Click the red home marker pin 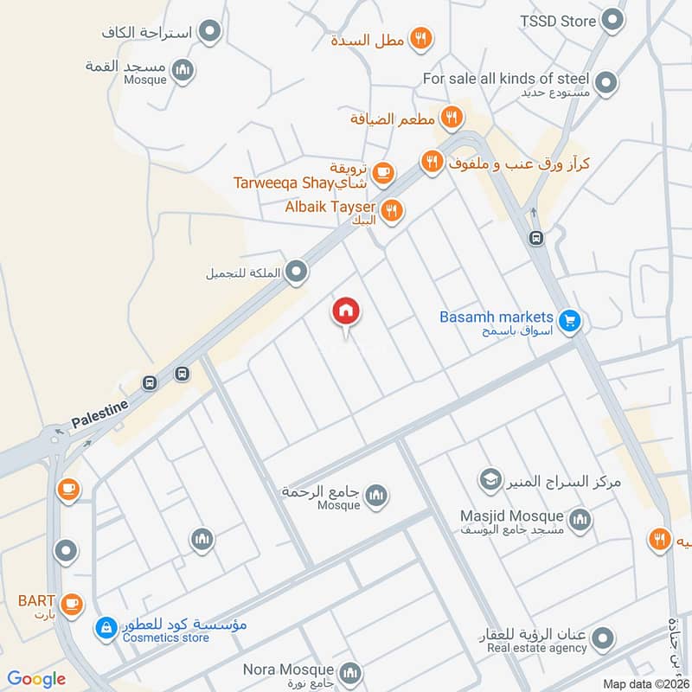tap(346, 311)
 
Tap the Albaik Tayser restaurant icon tap(392, 210)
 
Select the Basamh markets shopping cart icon tap(568, 321)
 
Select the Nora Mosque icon tap(350, 672)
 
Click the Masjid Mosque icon tap(580, 520)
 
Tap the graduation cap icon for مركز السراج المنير tap(490, 478)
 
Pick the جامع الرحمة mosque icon tap(375, 496)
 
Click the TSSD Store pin tap(612, 20)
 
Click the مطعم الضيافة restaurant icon tap(450, 116)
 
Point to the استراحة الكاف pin tap(209, 34)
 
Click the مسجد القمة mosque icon tap(182, 71)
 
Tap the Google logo tap(36, 679)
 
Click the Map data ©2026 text tap(646, 683)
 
